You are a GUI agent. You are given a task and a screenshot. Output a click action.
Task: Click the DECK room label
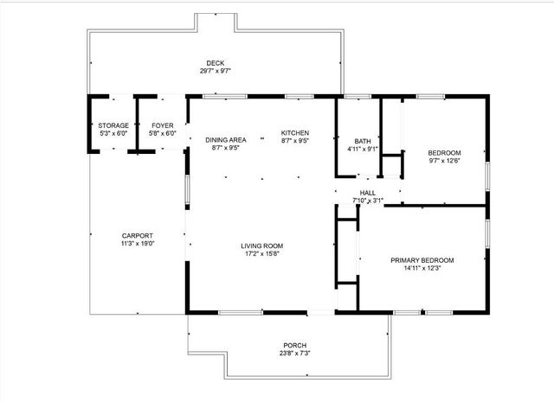pos(216,62)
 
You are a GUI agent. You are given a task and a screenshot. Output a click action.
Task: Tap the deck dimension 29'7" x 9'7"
pos(216,71)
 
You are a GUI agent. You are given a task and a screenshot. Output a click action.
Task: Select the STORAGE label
pos(113,125)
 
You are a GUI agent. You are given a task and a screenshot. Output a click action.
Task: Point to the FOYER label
pos(163,125)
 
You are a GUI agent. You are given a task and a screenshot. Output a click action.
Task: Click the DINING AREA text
pos(225,140)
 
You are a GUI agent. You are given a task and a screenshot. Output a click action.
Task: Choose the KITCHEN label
pos(294,132)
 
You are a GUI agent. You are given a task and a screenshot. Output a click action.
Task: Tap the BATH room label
pos(363,141)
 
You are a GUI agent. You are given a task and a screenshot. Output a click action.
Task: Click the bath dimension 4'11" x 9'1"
pos(363,149)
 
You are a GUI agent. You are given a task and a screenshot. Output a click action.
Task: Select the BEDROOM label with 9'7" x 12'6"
pos(444,152)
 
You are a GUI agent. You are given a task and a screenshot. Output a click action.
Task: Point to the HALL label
pos(368,193)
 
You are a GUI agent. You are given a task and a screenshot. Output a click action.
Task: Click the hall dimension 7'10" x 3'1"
pos(368,201)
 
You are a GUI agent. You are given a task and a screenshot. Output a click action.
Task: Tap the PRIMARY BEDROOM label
pos(422,260)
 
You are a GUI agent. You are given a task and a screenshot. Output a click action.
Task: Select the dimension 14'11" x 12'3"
pos(422,268)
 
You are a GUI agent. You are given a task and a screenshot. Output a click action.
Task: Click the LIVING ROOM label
pos(261,246)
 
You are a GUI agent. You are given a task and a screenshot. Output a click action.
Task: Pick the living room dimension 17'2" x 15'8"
pos(261,253)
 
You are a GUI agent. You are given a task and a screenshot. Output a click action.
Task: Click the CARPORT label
pos(137,236)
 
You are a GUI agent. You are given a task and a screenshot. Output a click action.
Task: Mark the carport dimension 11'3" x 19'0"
pos(137,244)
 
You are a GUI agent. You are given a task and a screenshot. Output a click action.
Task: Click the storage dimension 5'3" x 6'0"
pos(113,133)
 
